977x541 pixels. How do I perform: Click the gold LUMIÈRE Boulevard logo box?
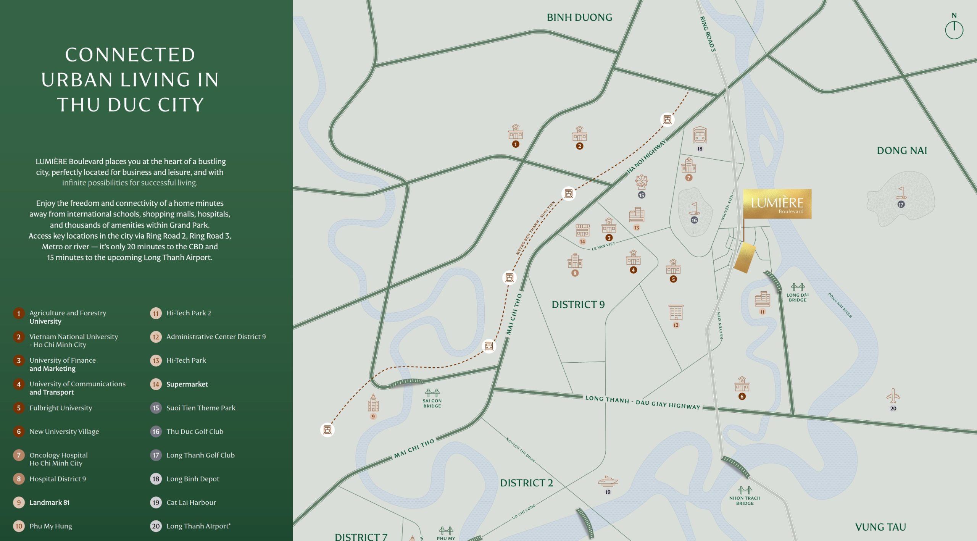click(x=777, y=204)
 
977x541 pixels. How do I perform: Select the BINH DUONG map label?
click(x=579, y=18)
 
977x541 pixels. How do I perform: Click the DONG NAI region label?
click(x=901, y=151)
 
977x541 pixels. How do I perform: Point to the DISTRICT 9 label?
click(x=578, y=305)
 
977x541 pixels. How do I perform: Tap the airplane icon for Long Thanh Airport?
click(x=893, y=396)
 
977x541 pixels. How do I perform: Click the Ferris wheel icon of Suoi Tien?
click(x=642, y=182)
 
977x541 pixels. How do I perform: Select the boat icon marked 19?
click(x=608, y=481)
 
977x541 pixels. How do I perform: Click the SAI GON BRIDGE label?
click(x=432, y=403)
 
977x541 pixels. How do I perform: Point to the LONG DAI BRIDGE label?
click(x=797, y=297)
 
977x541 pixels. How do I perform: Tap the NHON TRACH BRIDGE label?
click(x=745, y=501)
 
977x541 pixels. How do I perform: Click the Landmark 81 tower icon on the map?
click(x=373, y=403)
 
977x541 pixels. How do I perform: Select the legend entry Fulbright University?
click(x=61, y=408)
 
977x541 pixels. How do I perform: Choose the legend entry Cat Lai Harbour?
click(x=191, y=502)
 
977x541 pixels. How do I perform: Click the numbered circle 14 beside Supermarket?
click(x=156, y=384)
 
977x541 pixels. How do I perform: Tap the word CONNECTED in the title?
click(x=130, y=55)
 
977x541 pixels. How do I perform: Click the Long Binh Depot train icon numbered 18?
click(x=700, y=135)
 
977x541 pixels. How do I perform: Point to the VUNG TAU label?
click(x=880, y=527)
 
